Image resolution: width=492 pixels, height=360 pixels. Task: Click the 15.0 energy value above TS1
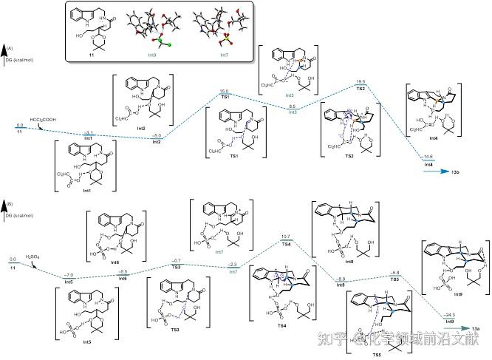pyautogui.click(x=223, y=91)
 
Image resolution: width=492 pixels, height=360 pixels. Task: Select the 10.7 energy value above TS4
pyautogui.click(x=285, y=236)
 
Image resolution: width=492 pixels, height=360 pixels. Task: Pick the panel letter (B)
pyautogui.click(x=8, y=202)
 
